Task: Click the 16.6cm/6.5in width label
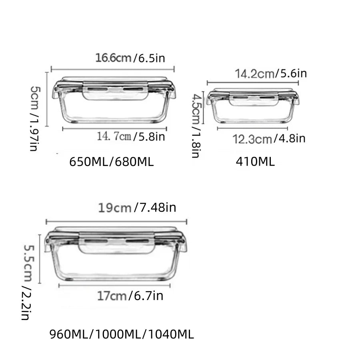[x=130, y=58]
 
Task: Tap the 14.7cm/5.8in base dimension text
[x=131, y=137]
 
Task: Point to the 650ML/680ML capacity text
[x=112, y=162]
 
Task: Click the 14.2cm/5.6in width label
[x=270, y=74]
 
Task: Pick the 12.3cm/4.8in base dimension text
[x=269, y=139]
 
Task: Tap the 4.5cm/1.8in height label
[x=195, y=125]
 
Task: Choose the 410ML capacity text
[x=255, y=162]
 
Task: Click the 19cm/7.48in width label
[x=137, y=208]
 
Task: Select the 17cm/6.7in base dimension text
[x=130, y=296]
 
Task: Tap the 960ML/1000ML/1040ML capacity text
[x=122, y=334]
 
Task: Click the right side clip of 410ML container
[x=296, y=98]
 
